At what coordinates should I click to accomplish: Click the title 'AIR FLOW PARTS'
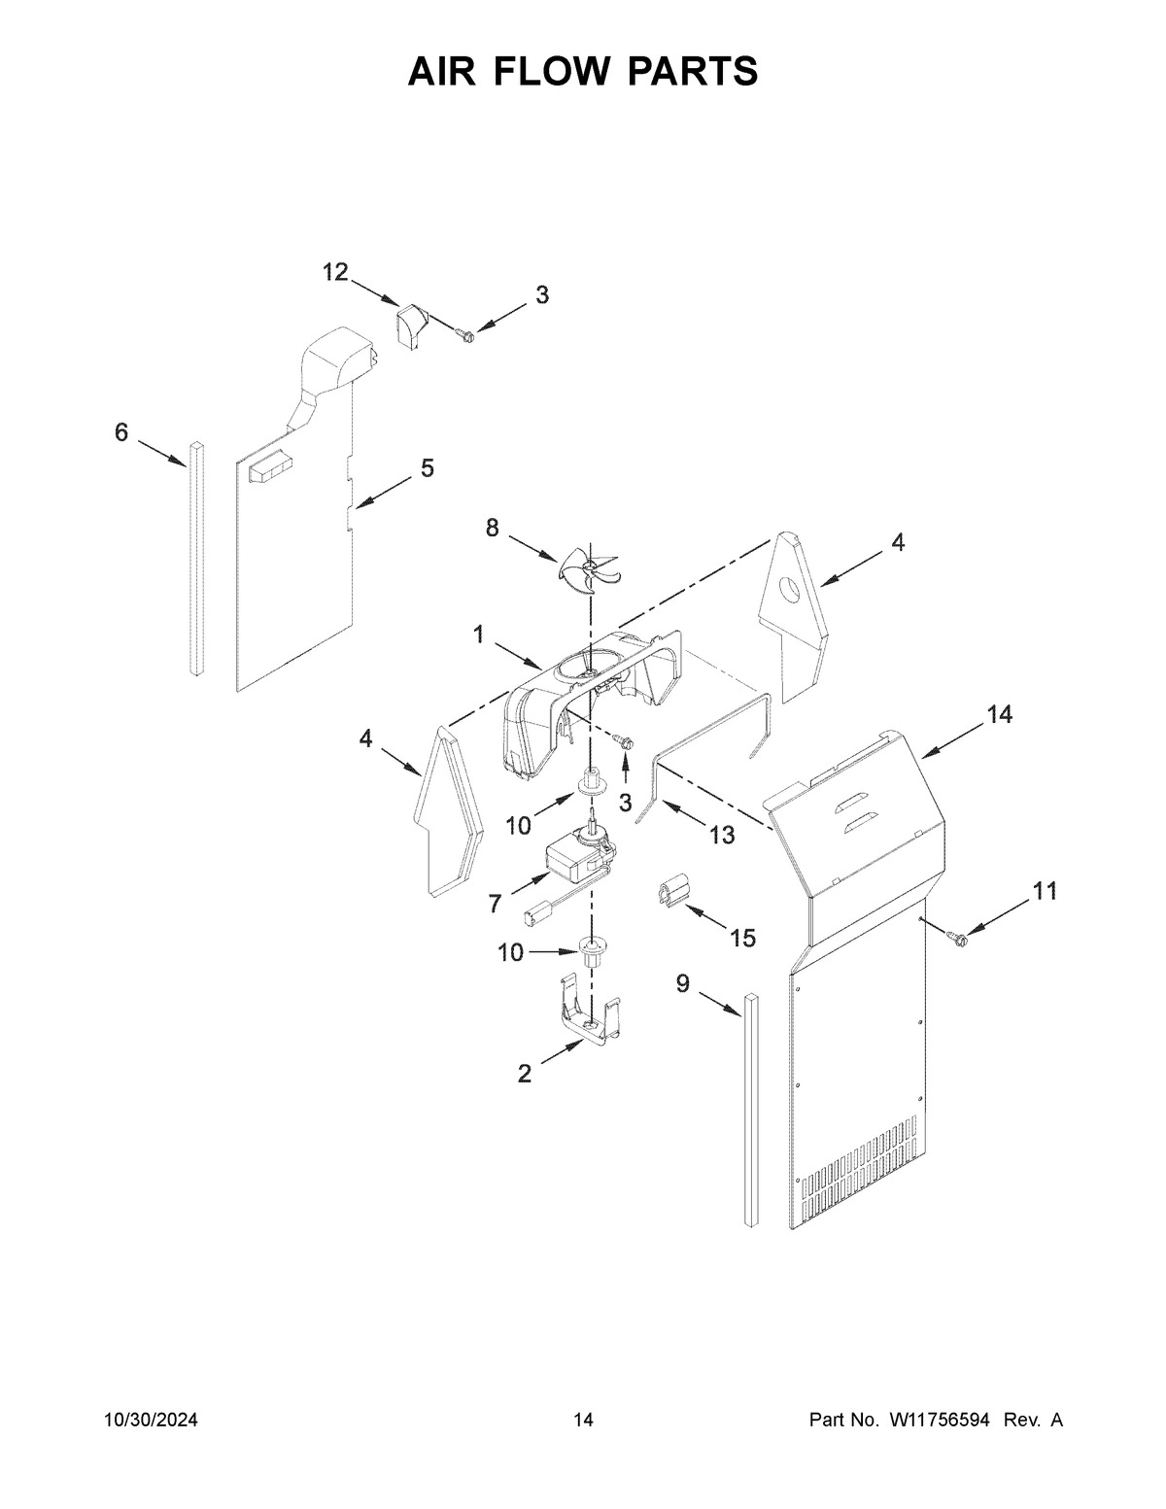(x=583, y=71)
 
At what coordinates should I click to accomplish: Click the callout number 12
(x=335, y=273)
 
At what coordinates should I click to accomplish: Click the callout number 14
(x=999, y=715)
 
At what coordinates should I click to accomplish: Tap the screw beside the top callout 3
(x=465, y=335)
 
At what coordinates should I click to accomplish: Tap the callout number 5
(x=428, y=468)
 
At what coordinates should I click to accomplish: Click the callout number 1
(x=478, y=635)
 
